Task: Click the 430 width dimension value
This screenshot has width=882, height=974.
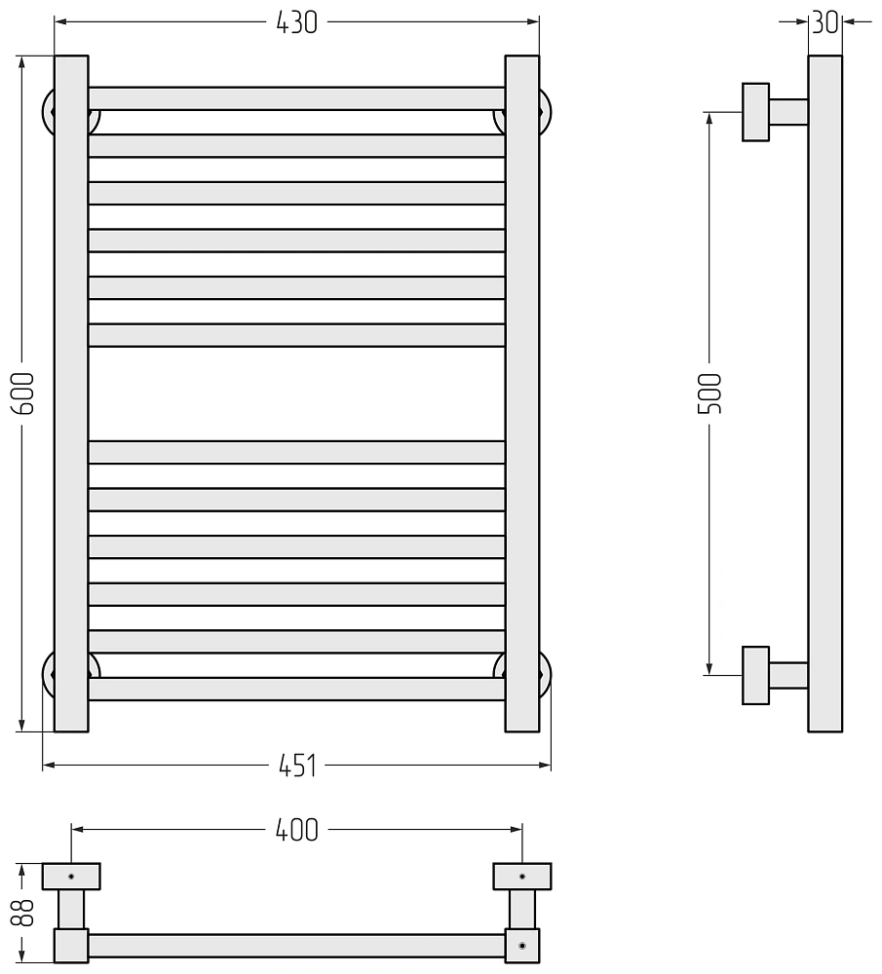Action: coord(296,22)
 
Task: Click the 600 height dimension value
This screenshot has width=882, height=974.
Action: coord(22,393)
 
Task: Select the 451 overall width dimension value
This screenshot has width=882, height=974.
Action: coord(297,766)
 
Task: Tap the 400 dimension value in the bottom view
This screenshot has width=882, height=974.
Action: coord(297,830)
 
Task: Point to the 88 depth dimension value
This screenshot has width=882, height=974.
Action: coord(23,913)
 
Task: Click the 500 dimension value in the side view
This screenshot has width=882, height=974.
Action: coord(709,393)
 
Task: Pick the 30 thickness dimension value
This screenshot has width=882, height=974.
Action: coord(825,22)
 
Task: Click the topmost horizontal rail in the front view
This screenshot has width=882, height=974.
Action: coord(296,98)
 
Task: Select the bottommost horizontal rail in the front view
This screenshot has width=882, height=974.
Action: coord(296,689)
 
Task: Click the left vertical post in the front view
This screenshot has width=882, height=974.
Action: coord(71,393)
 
